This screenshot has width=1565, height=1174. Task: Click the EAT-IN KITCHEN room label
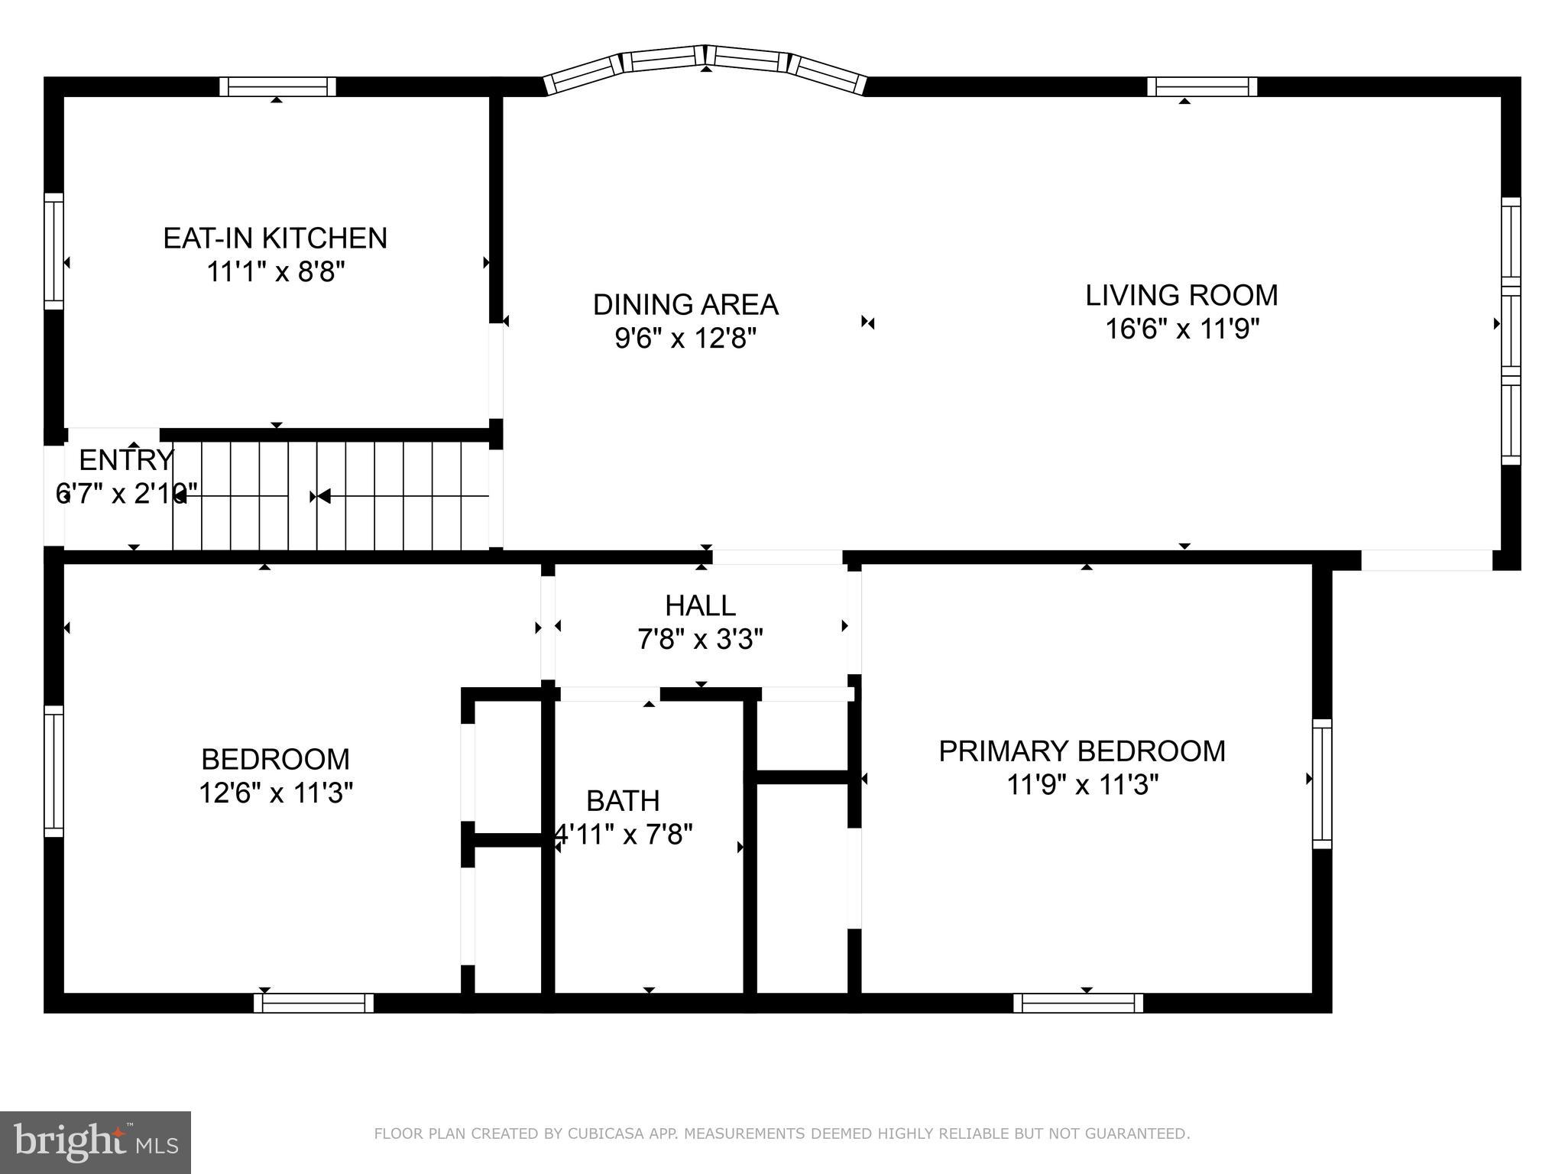(275, 238)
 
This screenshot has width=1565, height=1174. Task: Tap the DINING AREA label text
(685, 304)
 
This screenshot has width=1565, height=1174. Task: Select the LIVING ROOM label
(1181, 295)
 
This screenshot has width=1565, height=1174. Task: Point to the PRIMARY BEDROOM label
(1082, 751)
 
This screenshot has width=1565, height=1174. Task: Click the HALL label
(700, 605)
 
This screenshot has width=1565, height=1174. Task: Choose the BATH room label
(623, 801)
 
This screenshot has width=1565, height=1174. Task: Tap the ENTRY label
(127, 460)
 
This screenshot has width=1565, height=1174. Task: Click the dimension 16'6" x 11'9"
(1182, 329)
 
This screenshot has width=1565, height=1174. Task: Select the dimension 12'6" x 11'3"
(276, 793)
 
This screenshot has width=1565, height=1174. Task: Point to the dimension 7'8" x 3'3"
(700, 639)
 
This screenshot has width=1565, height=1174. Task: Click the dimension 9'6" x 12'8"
(685, 338)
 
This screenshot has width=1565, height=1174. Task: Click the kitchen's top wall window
(278, 86)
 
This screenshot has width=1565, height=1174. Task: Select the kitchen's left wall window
(53, 251)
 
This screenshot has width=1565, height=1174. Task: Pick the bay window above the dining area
(705, 67)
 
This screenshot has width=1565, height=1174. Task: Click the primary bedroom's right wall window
(1322, 783)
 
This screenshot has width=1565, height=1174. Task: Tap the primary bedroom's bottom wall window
(1078, 1003)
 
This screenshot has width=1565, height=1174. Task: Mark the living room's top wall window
(1202, 86)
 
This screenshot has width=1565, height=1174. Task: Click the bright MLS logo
(96, 1142)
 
